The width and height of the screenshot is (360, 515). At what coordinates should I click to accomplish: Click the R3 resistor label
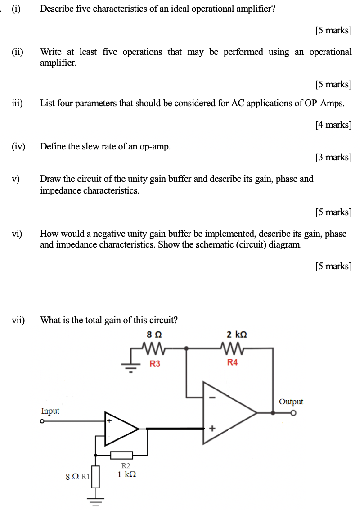click(x=155, y=364)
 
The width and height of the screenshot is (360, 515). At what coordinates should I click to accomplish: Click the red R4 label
click(x=232, y=363)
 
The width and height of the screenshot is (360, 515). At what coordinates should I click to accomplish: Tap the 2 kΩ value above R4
click(x=237, y=334)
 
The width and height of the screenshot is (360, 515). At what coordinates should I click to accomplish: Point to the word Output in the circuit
click(x=291, y=402)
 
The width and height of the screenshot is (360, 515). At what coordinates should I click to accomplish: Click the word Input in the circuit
click(x=50, y=411)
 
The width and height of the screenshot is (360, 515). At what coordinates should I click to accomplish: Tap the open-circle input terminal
click(x=42, y=422)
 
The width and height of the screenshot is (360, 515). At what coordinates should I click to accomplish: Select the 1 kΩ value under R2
click(x=127, y=474)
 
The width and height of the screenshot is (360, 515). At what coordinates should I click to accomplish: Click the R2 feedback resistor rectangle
click(x=121, y=455)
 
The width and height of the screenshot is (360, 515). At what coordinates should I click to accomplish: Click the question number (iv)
click(x=19, y=146)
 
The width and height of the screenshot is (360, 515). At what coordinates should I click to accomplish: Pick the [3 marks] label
click(x=333, y=157)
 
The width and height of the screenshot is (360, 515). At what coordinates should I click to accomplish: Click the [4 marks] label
click(x=333, y=125)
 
